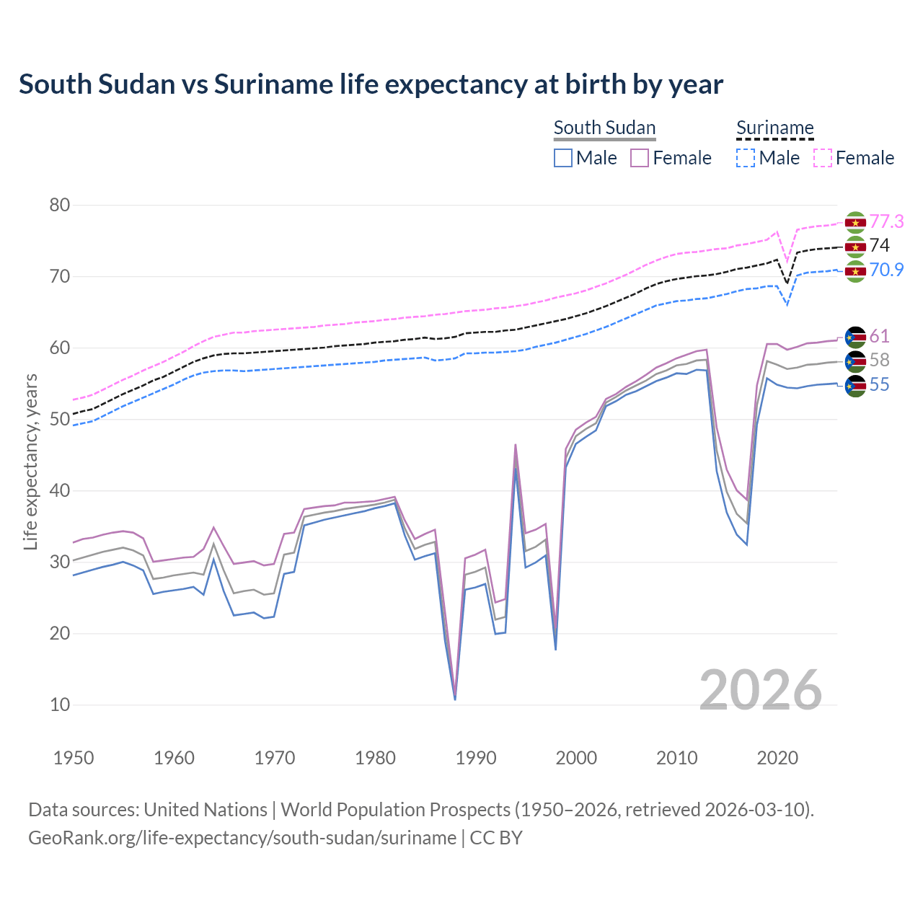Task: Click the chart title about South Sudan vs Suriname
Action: coord(371,84)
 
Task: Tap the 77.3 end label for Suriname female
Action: coord(886,221)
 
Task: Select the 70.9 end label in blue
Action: coord(886,270)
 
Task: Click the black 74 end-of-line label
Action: coord(879,246)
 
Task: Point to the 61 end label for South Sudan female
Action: coord(879,336)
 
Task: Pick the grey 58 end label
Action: coord(879,361)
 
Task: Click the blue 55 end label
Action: coord(879,385)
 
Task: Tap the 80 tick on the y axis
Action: coord(60,205)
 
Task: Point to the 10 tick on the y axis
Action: coord(60,705)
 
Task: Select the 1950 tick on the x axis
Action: coord(74,758)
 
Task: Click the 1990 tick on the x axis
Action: coord(476,758)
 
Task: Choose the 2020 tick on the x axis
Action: coord(777,758)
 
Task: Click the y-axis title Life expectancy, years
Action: coord(30,461)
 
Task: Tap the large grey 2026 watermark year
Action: coord(760,690)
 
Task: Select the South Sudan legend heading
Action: coord(604,128)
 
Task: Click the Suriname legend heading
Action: coord(774,128)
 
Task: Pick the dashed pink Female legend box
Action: coord(823,158)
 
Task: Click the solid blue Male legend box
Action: coord(563,158)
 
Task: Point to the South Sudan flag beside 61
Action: coord(854,337)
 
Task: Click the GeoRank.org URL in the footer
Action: coord(242,838)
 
